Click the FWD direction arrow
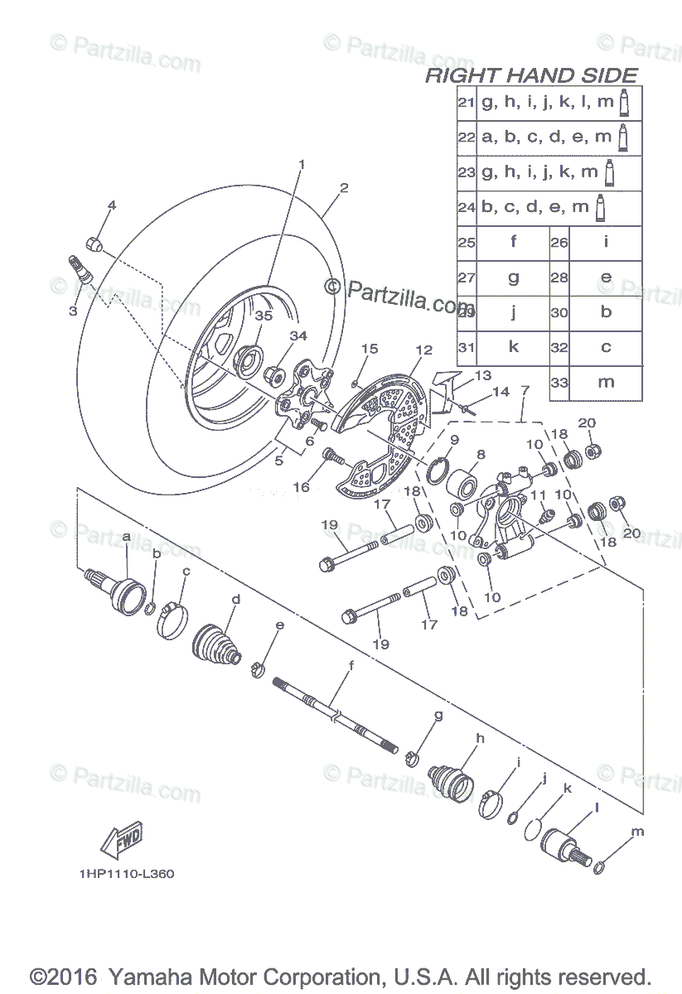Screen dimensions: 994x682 pos(121,839)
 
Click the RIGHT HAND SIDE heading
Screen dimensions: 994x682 pos(531,76)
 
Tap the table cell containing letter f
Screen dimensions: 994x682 pos(513,243)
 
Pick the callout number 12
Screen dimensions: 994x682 pos(424,350)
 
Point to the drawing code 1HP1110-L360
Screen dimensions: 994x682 pos(127,874)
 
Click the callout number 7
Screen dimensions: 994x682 pos(525,389)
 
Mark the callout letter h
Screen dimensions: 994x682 pos(479,737)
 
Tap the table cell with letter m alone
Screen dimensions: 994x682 pos(606,382)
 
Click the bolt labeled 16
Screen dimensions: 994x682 pos(335,455)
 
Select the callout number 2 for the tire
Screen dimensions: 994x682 pos(343,188)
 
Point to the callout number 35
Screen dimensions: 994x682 pos(263,316)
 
